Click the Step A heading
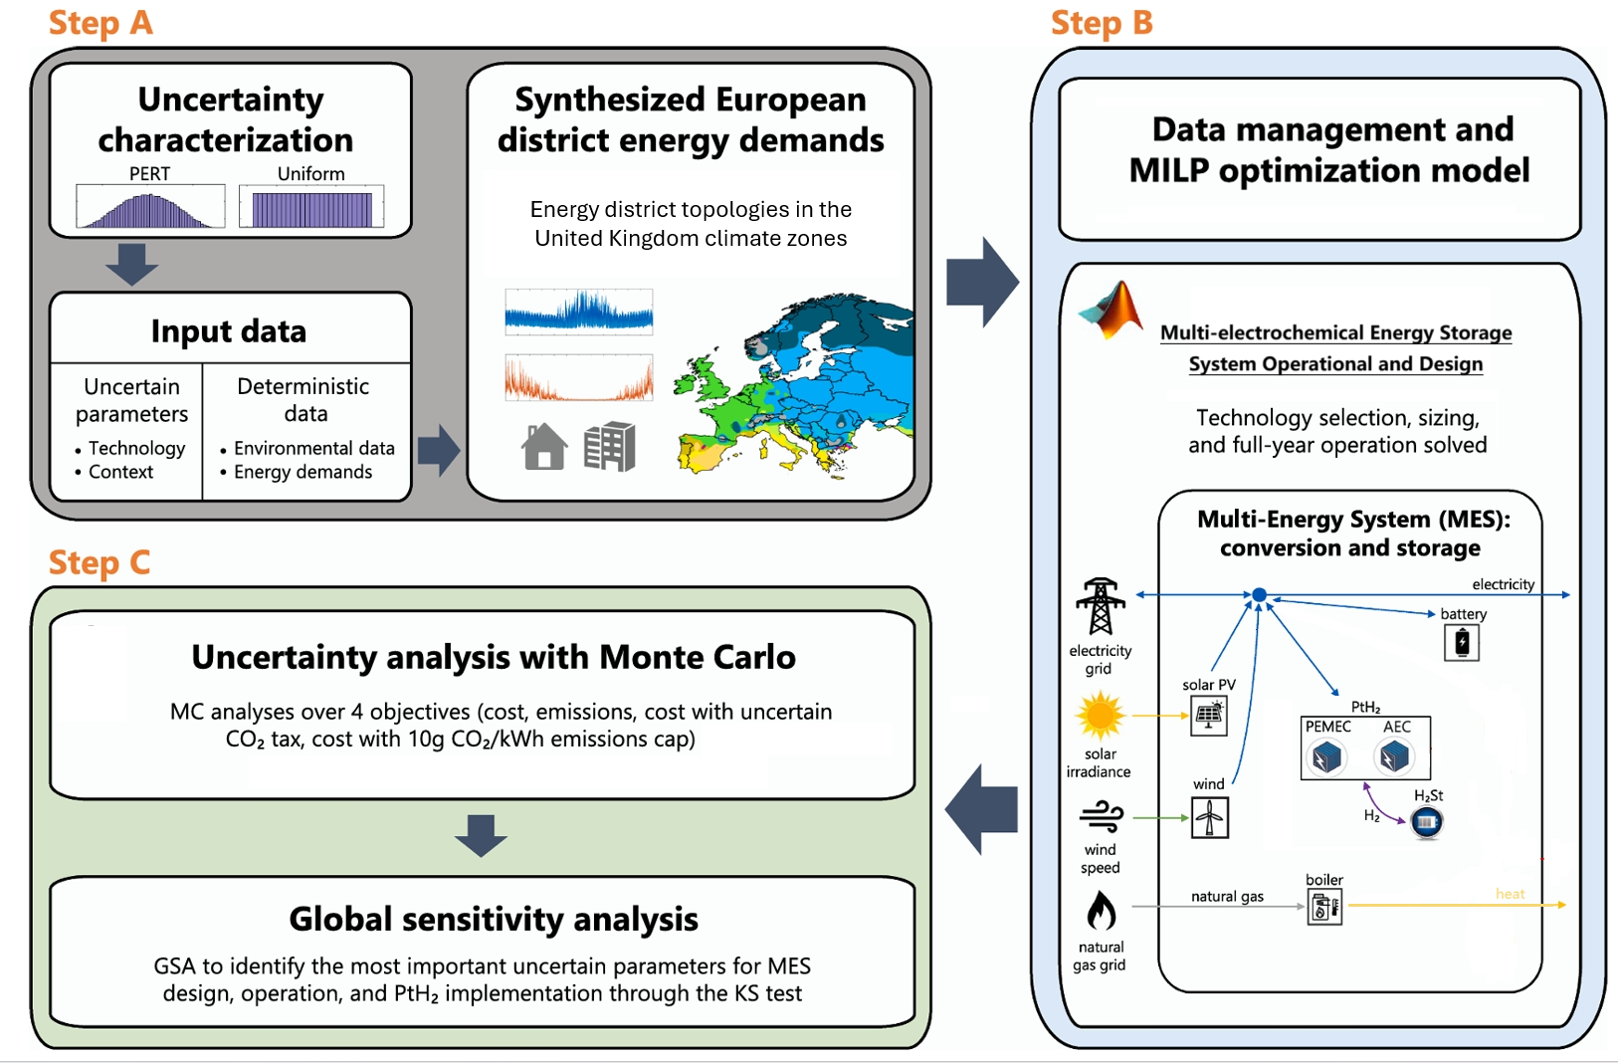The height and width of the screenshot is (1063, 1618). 101,22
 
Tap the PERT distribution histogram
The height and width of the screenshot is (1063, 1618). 150,207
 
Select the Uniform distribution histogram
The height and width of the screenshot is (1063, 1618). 311,207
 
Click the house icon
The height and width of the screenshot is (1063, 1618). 544,446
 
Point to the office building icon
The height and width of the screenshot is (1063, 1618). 609,446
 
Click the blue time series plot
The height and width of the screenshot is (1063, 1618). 579,312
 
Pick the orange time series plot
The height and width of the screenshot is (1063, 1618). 579,378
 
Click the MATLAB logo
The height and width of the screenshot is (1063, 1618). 1112,310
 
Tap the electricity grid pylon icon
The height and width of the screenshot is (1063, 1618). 1100,606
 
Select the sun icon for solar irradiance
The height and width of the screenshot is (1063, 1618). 1100,716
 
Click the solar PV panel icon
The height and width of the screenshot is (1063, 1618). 1209,716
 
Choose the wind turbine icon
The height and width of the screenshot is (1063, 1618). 1210,818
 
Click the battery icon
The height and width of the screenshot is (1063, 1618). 1462,643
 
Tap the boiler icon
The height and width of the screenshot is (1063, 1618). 1324,907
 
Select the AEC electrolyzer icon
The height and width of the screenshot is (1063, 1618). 1395,757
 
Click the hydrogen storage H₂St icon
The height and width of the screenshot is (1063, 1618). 1427,822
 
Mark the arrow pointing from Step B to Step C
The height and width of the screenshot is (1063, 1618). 981,809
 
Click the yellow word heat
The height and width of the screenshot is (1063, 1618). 1510,894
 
